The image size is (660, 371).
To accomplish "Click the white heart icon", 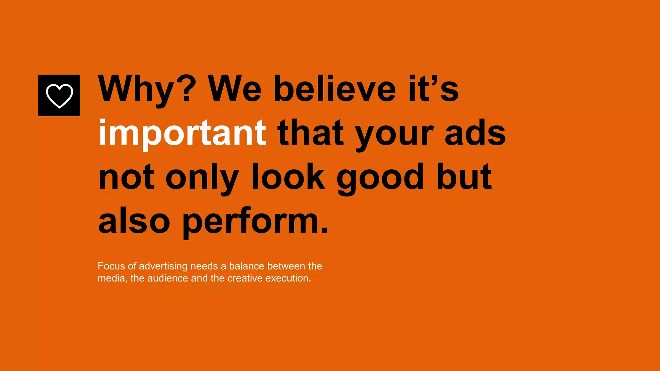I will tap(59, 96).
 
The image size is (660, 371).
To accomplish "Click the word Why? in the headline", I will tap(147, 89).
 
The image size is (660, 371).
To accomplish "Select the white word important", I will tap(182, 133).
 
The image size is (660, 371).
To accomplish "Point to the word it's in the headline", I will tap(433, 89).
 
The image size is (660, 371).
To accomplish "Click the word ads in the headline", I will tap(475, 133).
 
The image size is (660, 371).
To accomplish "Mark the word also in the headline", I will tap(134, 221).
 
